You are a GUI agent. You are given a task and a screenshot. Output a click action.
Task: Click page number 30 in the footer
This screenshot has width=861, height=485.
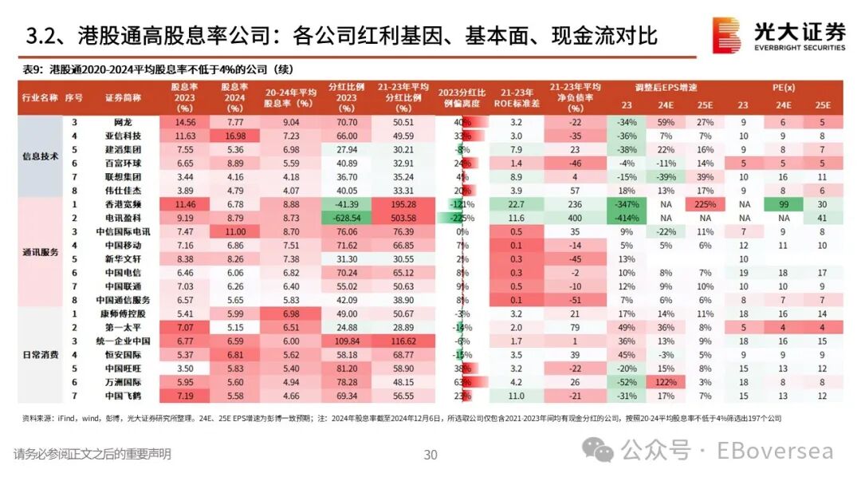[431, 455]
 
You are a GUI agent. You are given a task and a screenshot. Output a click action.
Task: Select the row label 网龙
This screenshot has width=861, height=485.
[123, 122]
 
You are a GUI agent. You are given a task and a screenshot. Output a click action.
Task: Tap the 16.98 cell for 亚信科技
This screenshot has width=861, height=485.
[232, 136]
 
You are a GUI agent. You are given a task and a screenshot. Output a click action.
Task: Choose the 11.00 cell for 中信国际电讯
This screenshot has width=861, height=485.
[232, 231]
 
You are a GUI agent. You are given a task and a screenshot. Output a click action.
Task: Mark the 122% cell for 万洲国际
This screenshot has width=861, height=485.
[666, 381]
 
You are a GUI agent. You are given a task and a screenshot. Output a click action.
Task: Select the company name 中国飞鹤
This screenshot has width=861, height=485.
[123, 396]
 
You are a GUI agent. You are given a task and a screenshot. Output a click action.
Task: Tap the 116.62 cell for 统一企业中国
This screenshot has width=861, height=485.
[403, 341]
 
